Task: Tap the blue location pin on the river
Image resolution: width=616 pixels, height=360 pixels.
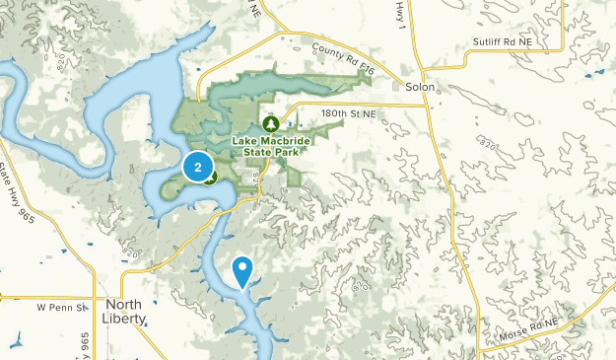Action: coord(241,268)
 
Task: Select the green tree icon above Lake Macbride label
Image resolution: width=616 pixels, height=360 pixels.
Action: coord(270,124)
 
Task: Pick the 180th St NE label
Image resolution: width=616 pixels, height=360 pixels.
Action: coord(349,114)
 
